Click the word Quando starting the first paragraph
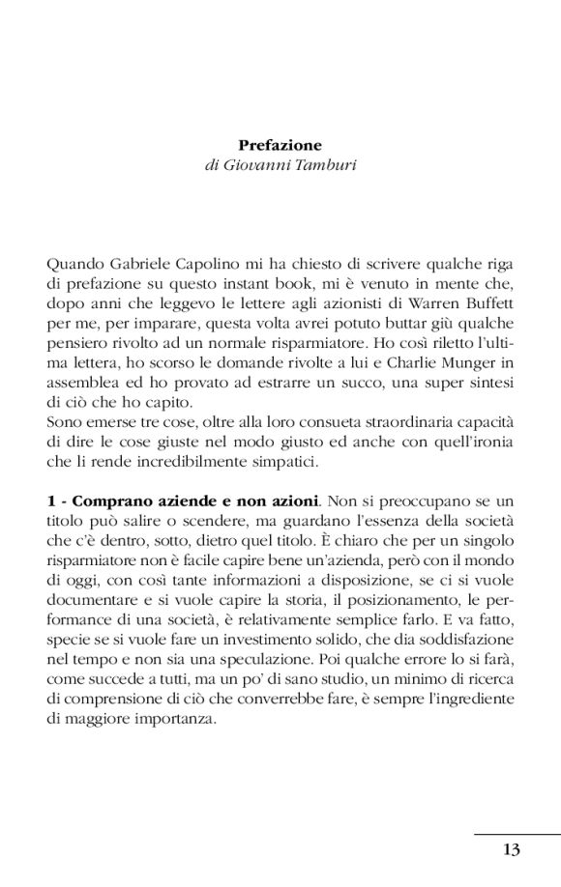point(72,261)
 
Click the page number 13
point(512,849)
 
